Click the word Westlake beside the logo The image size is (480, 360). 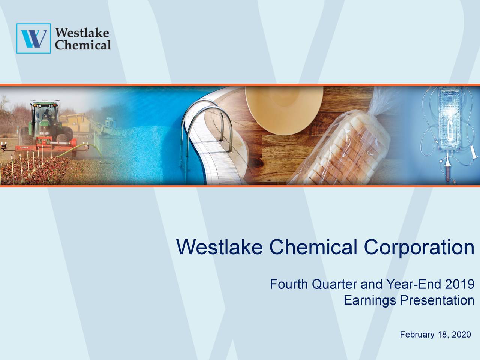click(82, 32)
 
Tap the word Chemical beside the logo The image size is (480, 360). click(83, 45)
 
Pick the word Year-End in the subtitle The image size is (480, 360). click(412, 285)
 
